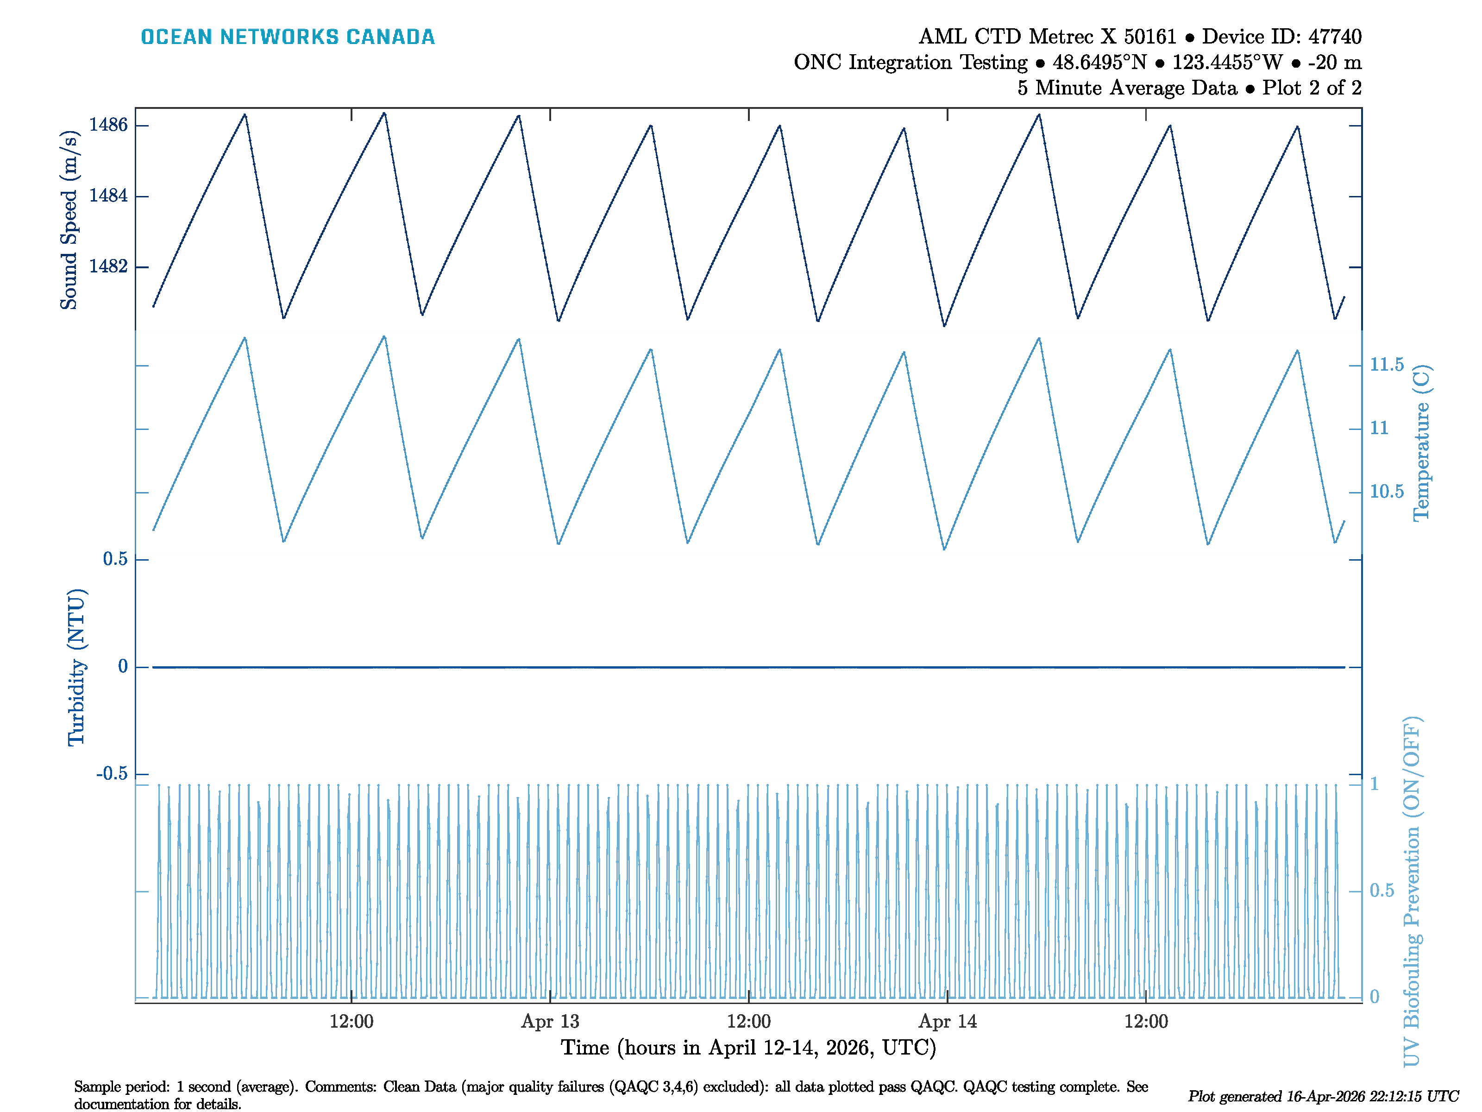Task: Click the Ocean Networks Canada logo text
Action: (288, 37)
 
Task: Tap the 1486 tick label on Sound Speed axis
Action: (108, 126)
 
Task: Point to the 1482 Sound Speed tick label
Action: (108, 267)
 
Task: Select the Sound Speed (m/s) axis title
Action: (69, 220)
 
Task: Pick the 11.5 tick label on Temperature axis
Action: (1386, 365)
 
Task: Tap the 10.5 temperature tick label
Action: (1386, 492)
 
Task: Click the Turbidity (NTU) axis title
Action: (76, 667)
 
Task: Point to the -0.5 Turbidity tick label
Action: (112, 774)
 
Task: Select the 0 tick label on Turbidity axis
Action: (123, 667)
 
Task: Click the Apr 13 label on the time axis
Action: (550, 1022)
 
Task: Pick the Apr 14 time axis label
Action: (948, 1022)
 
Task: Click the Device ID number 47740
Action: (1332, 37)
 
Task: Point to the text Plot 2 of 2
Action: (1312, 88)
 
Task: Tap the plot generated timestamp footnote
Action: (1323, 1097)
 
